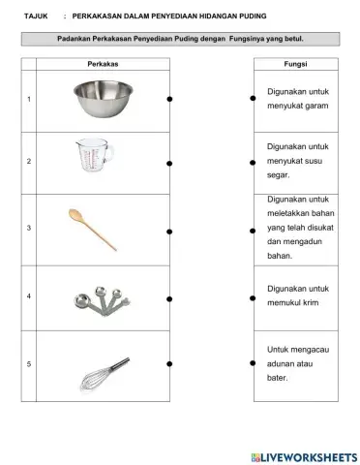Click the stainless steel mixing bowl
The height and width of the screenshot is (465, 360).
pos(104,99)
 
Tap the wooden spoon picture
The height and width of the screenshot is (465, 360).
pos(93,229)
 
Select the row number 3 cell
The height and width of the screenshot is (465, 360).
pos(29,229)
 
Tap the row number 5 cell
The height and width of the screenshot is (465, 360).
pos(29,363)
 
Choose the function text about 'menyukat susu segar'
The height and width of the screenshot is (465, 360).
pos(297,162)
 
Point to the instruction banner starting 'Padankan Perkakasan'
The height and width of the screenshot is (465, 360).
pos(180,39)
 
